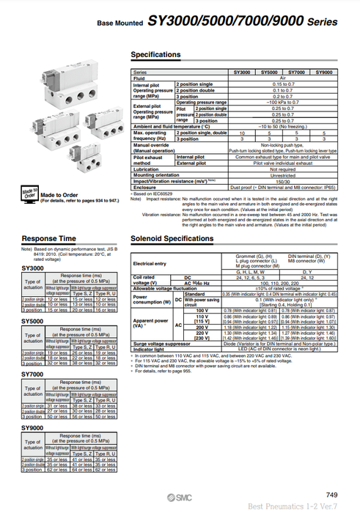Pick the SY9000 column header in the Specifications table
pos(323,72)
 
